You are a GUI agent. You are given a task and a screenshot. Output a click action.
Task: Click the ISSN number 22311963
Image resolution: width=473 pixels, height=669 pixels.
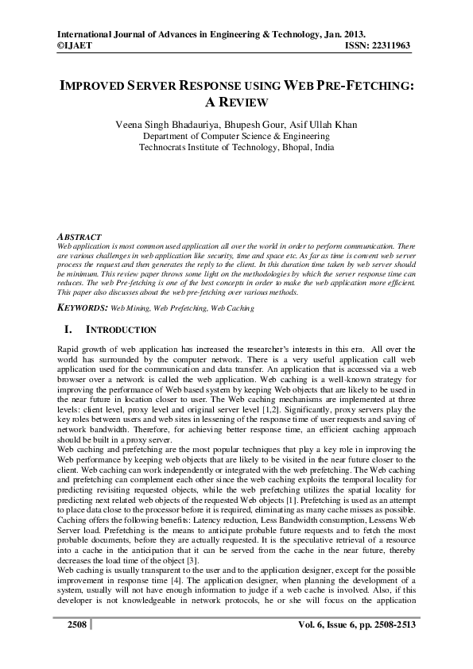(x=390, y=46)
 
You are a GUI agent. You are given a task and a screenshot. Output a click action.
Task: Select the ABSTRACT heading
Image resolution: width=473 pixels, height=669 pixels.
(x=80, y=238)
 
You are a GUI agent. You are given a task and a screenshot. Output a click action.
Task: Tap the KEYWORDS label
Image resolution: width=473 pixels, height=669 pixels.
(x=83, y=306)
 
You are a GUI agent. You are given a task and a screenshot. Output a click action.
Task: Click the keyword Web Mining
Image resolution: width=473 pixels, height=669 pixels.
(x=129, y=306)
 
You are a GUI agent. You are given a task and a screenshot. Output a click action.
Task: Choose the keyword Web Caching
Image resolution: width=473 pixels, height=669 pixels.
(x=230, y=306)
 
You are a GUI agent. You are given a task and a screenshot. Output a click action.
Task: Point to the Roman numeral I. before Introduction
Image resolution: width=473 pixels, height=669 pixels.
(x=67, y=329)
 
